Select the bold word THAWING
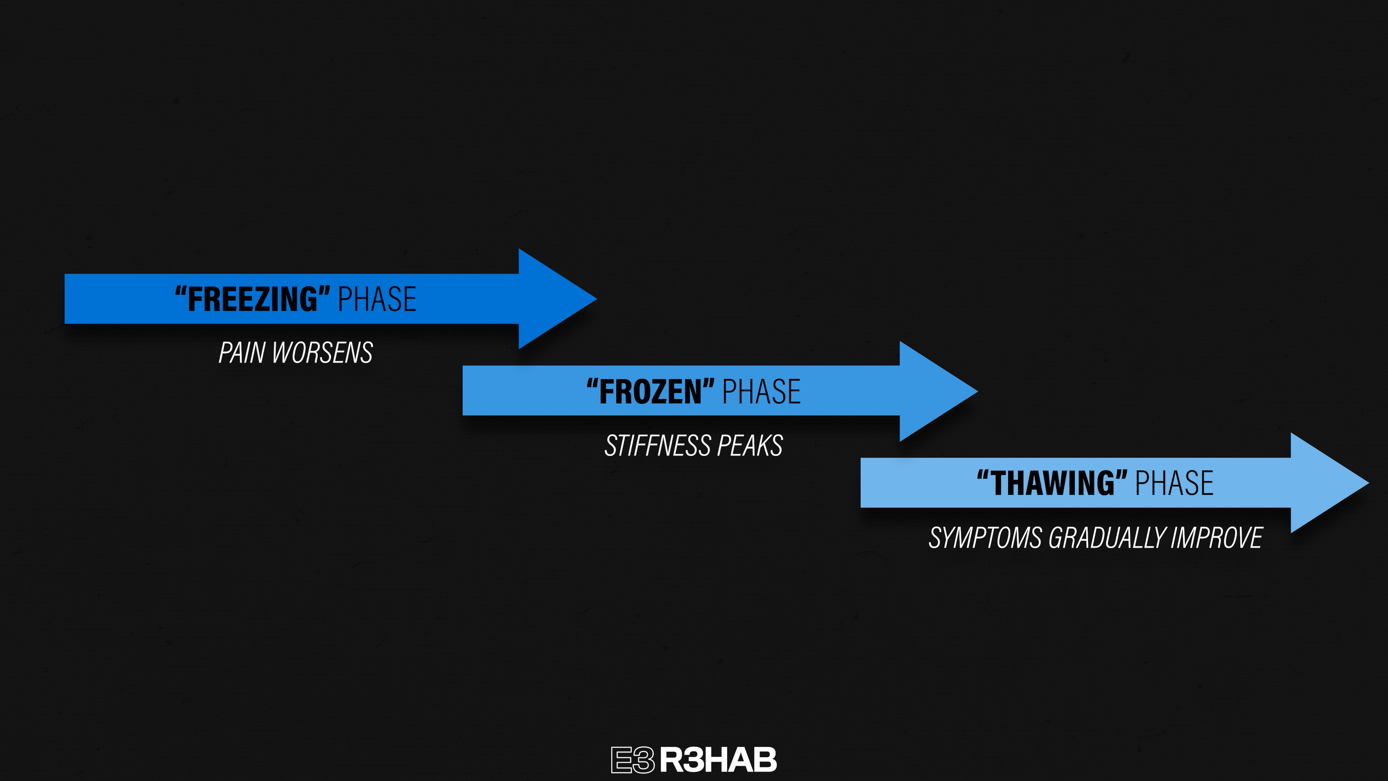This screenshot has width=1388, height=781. coord(1052,483)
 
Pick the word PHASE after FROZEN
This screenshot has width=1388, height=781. coord(761,392)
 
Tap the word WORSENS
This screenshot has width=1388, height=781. coord(322,353)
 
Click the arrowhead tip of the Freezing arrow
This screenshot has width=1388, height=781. coord(596,299)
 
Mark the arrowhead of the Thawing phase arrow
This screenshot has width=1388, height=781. coord(1330,483)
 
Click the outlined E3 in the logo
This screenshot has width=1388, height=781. coord(633,760)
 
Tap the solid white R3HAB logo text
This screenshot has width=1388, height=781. coord(718,760)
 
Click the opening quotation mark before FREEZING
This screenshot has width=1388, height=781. coord(180,291)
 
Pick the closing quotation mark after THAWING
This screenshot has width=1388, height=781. coord(1121,475)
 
